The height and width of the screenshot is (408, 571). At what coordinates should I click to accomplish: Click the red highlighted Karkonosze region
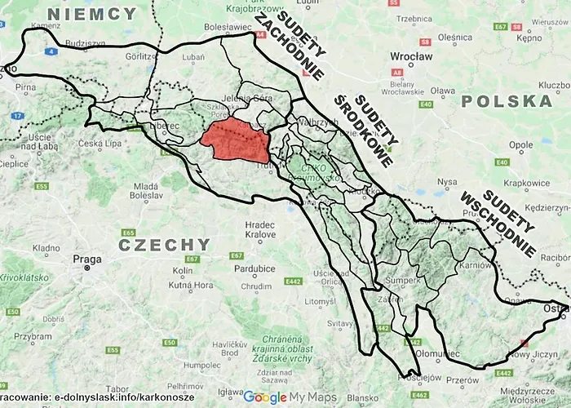235,141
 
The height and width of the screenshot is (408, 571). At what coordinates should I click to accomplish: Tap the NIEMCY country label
92,14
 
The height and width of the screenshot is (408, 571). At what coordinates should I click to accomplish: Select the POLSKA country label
506,101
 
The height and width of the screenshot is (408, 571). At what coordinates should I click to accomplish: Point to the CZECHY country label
163,244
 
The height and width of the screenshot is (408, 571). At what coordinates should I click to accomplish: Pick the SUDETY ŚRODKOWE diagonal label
364,128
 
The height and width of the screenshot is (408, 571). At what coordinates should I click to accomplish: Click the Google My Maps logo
289,397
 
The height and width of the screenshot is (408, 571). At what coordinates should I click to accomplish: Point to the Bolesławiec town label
228,26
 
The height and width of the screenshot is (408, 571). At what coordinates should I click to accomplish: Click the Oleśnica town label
454,37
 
